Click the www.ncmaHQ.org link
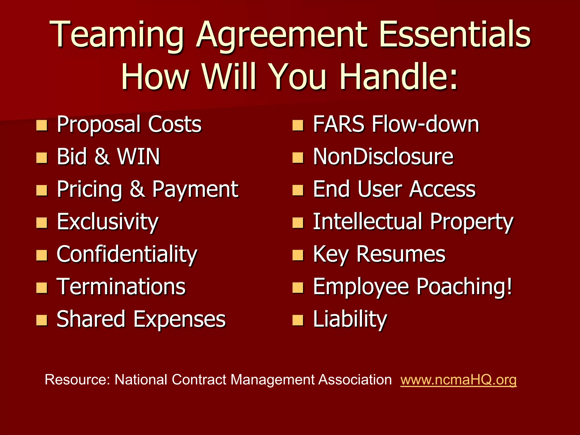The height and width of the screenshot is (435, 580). (458, 380)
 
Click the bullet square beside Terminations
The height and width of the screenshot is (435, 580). (42, 288)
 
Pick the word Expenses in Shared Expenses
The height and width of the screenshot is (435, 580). (179, 319)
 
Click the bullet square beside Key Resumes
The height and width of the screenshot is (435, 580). (298, 255)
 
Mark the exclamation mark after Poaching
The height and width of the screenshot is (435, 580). (509, 286)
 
